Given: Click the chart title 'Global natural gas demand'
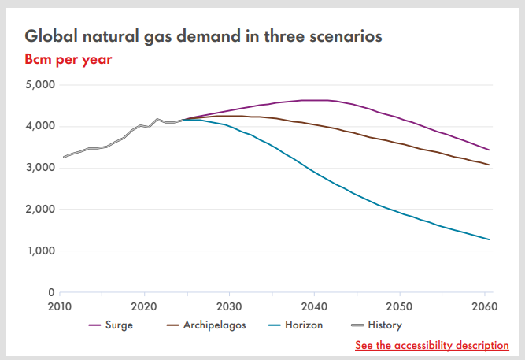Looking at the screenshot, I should pyautogui.click(x=203, y=36).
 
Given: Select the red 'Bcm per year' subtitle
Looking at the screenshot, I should pyautogui.click(x=68, y=59).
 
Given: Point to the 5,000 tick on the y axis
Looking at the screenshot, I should pyautogui.click(x=39, y=84).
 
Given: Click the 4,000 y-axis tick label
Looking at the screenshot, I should pyautogui.click(x=39, y=126).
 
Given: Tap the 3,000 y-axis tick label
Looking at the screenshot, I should pyautogui.click(x=39, y=168).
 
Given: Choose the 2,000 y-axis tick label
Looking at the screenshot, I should pyautogui.click(x=39, y=210).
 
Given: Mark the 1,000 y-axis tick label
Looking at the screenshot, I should pyautogui.click(x=39, y=251).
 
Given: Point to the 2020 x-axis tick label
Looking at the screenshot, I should pyautogui.click(x=144, y=306).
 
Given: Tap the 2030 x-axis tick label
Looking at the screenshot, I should pyautogui.click(x=229, y=306).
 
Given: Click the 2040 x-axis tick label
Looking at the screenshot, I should pyautogui.click(x=314, y=306).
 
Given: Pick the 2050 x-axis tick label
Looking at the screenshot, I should pyautogui.click(x=399, y=306).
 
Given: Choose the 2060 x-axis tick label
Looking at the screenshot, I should pyautogui.click(x=484, y=306).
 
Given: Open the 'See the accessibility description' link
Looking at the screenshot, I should pyautogui.click(x=431, y=345).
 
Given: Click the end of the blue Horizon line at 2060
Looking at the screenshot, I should pyautogui.click(x=490, y=239).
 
